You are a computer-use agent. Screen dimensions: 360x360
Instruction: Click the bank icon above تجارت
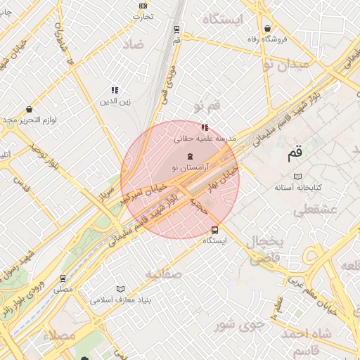(144, 6)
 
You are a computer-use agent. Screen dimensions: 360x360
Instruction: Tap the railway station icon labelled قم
(176, 30)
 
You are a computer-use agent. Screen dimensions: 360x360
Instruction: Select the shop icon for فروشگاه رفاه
(267, 28)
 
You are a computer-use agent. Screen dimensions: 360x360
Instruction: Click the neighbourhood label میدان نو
(285, 65)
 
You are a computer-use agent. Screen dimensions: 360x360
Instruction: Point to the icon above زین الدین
(115, 90)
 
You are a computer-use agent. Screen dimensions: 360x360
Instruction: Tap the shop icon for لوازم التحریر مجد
(29, 110)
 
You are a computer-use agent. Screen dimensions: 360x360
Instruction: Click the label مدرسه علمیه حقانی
(205, 139)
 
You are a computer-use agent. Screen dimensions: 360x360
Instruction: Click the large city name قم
(294, 153)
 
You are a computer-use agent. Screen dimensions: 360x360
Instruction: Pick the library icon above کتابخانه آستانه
(297, 176)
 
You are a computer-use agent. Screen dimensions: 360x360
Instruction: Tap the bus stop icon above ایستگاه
(214, 230)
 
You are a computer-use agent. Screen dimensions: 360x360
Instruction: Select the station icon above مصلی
(63, 278)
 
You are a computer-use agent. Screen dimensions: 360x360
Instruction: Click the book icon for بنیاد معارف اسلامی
(120, 289)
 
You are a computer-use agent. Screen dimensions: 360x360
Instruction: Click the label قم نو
(207, 105)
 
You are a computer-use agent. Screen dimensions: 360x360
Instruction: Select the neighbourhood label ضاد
(132, 44)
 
